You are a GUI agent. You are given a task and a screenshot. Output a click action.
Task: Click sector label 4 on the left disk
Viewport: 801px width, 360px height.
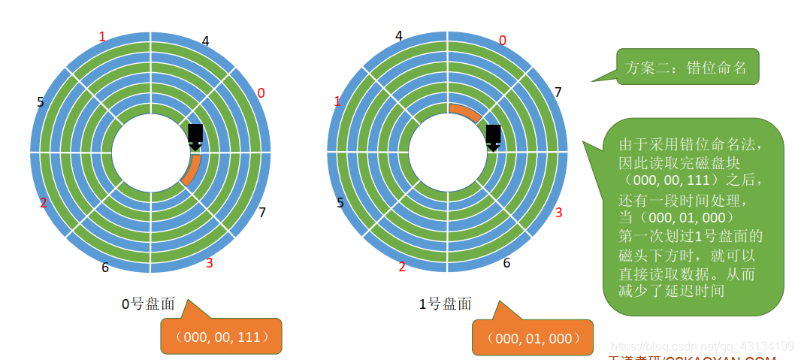[x=205, y=41]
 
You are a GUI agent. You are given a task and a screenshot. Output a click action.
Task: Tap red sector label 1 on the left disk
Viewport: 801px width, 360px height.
[x=103, y=36]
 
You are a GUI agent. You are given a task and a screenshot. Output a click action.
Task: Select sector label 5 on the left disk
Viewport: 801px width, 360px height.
[x=41, y=101]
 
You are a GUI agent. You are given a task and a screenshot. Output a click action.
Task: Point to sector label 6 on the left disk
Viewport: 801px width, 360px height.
[x=104, y=267]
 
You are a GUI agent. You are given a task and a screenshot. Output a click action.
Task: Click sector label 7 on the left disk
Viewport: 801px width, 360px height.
[x=261, y=213]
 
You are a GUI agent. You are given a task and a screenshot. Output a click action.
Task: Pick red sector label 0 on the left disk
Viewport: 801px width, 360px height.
[x=261, y=93]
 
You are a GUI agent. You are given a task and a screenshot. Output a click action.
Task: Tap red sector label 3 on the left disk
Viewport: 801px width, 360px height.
[x=209, y=263]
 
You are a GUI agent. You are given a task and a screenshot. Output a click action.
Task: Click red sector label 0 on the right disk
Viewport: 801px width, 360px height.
[x=502, y=41]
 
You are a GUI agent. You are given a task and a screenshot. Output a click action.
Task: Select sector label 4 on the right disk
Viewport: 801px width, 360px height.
[x=399, y=36]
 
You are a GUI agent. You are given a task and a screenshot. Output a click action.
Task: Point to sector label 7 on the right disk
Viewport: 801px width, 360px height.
[x=558, y=92]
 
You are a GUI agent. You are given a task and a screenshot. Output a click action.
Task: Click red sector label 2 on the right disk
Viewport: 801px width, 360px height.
[x=402, y=267]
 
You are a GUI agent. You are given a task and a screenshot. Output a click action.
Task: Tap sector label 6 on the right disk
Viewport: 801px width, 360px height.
[x=506, y=263]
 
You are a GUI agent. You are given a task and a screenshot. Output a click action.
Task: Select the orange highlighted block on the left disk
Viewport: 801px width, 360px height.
[x=192, y=170]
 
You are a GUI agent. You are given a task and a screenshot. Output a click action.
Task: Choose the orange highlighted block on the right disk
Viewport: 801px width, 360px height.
[x=465, y=112]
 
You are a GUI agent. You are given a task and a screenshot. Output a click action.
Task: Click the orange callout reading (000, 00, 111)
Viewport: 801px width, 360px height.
[x=221, y=337]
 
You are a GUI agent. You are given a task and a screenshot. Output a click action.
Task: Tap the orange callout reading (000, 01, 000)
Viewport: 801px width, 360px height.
[x=533, y=338]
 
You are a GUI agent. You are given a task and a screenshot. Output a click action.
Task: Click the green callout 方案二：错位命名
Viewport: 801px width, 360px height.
[x=687, y=68]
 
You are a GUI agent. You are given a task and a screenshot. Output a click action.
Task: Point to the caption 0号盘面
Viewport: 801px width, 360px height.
[x=148, y=304]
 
